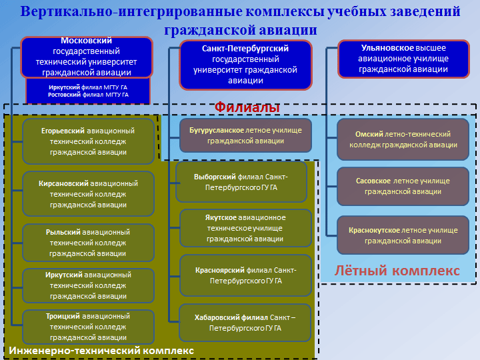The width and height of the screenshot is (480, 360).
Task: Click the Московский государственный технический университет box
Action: coord(87,57)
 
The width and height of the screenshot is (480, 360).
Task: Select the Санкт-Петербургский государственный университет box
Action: coord(245,65)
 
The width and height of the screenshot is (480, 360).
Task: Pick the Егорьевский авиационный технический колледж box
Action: coord(88,141)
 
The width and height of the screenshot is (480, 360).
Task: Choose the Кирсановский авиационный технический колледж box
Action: coord(88,193)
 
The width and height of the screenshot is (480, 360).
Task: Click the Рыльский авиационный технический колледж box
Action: coord(88,243)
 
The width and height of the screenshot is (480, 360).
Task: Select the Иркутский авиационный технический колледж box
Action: coord(88,285)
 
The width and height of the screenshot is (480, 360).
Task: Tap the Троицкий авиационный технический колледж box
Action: coord(88,327)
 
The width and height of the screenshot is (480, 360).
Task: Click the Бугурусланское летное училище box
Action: coord(245,135)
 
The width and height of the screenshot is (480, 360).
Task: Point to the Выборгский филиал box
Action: coord(241,182)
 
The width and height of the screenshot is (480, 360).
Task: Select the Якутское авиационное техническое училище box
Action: coord(245,228)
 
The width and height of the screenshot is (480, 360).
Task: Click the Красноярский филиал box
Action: coord(245,275)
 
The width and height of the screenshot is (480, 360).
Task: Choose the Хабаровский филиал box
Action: coord(245,323)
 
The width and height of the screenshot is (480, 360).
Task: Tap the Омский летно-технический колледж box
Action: coord(403,139)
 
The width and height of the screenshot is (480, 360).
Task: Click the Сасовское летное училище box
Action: coord(403,186)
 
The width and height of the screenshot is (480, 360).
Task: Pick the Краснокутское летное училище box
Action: coord(403,235)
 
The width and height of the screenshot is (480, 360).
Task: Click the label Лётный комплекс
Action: coord(397,271)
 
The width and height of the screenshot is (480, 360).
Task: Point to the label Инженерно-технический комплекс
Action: coord(101,350)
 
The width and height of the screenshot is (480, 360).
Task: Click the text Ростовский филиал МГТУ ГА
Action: coord(88,95)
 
